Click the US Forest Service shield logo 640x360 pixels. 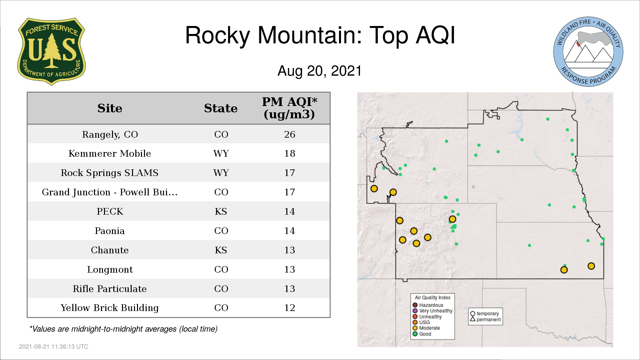pyautogui.click(x=51, y=52)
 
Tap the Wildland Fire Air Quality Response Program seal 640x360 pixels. pyautogui.click(x=588, y=52)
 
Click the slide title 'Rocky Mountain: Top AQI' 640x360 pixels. pyautogui.click(x=320, y=35)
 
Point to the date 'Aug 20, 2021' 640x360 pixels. pyautogui.click(x=320, y=71)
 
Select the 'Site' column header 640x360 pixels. pyautogui.click(x=110, y=108)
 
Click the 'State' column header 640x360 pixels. pyautogui.click(x=221, y=108)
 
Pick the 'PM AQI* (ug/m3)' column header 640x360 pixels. pyautogui.click(x=289, y=108)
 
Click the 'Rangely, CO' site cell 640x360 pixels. pyautogui.click(x=110, y=135)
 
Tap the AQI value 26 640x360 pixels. pyautogui.click(x=290, y=134)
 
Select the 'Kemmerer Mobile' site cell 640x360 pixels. pyautogui.click(x=110, y=153)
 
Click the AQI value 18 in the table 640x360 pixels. pyautogui.click(x=290, y=153)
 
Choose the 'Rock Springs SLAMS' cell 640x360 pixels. pyautogui.click(x=110, y=173)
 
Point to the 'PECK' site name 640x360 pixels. pyautogui.click(x=110, y=211)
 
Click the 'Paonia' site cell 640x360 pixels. pyautogui.click(x=110, y=231)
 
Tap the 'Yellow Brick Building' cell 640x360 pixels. pyautogui.click(x=110, y=308)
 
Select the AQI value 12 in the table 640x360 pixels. pyautogui.click(x=290, y=308)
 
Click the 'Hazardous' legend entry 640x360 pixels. pyautogui.click(x=428, y=305)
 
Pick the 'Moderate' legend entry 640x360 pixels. pyautogui.click(x=426, y=328)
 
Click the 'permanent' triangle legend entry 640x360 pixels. pyautogui.click(x=485, y=319)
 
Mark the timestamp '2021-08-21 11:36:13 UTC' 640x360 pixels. pyautogui.click(x=54, y=347)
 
